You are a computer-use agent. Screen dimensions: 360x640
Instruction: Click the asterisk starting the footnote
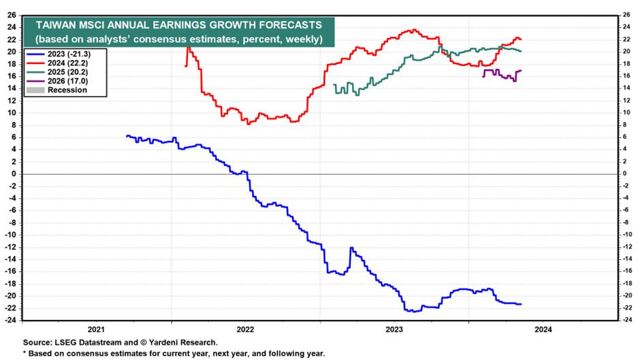point(25,353)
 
